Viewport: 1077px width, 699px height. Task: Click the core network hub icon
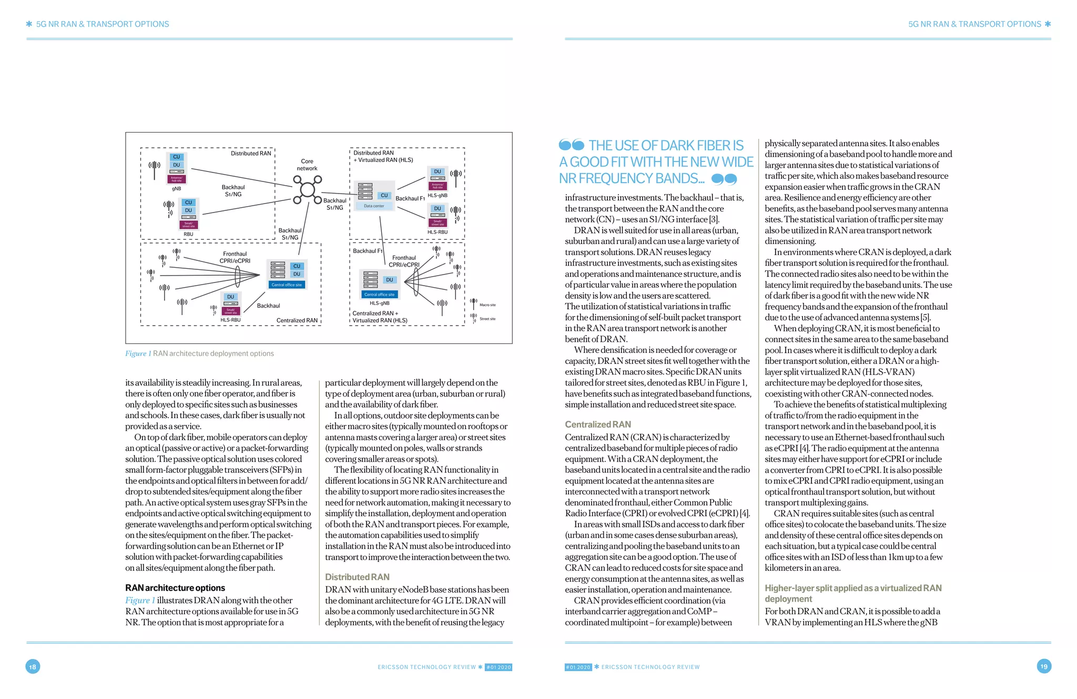(x=308, y=190)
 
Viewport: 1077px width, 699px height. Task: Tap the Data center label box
(x=374, y=206)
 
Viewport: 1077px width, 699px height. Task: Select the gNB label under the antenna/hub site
(x=176, y=189)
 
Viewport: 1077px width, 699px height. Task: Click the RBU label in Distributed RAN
(x=188, y=235)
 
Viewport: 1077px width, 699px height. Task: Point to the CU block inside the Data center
(x=384, y=196)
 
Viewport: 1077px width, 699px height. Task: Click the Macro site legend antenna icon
(x=473, y=303)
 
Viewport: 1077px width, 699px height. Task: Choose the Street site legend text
(x=487, y=319)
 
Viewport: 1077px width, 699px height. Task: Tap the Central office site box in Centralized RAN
(x=287, y=285)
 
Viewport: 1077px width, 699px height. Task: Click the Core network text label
(x=307, y=165)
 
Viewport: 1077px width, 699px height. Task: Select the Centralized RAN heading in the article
(x=598, y=424)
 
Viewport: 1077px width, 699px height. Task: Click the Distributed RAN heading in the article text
(x=357, y=577)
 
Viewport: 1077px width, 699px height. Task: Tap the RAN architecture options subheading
(x=175, y=588)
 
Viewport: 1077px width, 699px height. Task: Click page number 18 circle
(x=33, y=667)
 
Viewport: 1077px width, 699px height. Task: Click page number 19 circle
(x=1044, y=666)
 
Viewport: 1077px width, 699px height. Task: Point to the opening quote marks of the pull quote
(x=572, y=145)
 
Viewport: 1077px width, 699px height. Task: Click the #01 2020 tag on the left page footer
(x=498, y=667)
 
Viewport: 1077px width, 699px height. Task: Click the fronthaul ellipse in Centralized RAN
(x=238, y=275)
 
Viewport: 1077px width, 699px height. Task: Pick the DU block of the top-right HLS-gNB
(x=438, y=172)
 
